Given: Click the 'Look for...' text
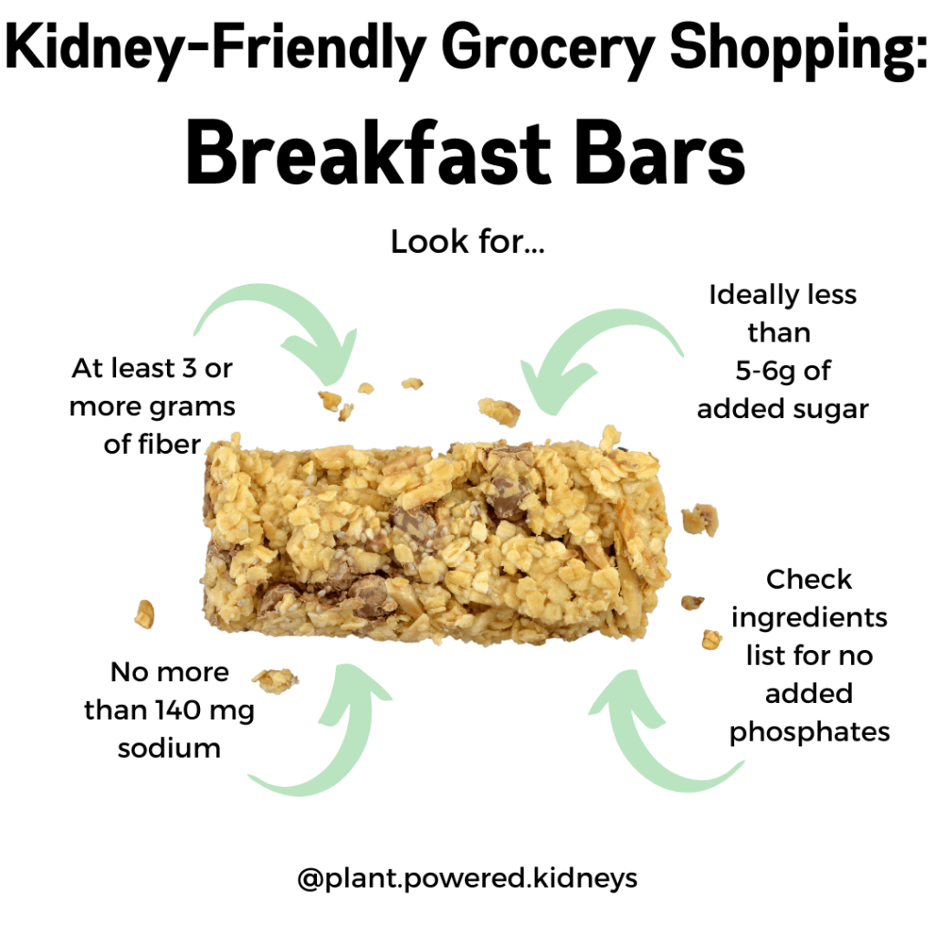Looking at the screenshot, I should (467, 243).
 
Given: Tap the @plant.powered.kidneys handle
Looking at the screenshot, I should (467, 878).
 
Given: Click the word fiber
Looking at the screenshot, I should (164, 445).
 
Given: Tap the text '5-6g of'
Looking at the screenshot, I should (783, 371).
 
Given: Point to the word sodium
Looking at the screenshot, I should (169, 748).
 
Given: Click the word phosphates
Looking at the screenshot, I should (809, 731).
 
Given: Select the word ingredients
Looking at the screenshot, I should (809, 617).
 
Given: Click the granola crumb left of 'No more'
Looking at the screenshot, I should (144, 614).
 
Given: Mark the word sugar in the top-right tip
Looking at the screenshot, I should (831, 409).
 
